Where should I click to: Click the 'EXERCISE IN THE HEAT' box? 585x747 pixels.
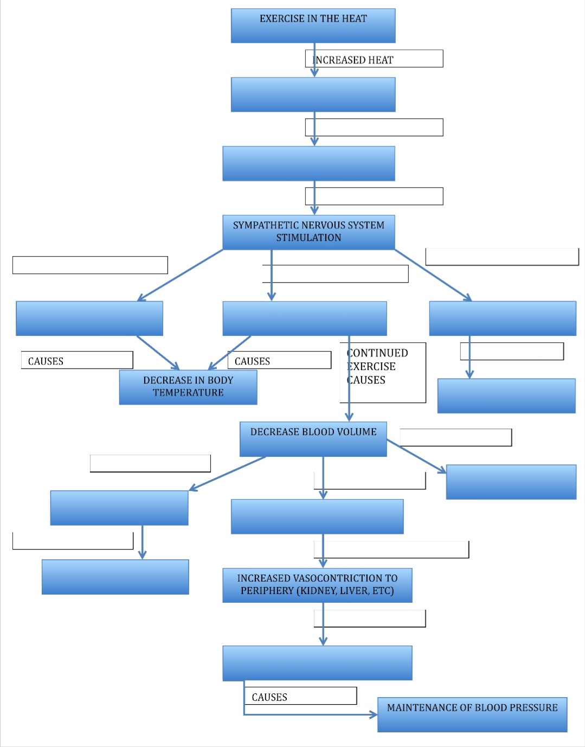(x=313, y=25)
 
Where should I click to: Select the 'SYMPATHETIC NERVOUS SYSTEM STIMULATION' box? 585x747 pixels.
(x=308, y=232)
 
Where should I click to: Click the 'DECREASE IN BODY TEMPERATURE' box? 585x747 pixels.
(x=188, y=387)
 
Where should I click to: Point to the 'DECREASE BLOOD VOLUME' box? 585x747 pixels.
(x=313, y=439)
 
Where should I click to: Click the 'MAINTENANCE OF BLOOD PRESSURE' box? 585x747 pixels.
(x=472, y=714)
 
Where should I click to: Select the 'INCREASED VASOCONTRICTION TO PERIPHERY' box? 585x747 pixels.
(x=317, y=585)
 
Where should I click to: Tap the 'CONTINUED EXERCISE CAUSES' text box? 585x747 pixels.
(x=383, y=372)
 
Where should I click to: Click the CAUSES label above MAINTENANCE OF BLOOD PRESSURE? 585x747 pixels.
(x=269, y=697)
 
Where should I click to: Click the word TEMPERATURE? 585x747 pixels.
(x=188, y=393)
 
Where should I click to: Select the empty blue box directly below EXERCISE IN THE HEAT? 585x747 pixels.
(x=313, y=94)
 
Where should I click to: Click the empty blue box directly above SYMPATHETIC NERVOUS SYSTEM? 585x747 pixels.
(x=308, y=163)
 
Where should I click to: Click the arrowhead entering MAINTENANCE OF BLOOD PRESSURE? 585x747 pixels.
(x=374, y=715)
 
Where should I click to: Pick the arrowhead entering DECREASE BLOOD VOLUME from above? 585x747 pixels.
(x=349, y=417)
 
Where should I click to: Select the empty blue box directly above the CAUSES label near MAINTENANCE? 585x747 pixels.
(x=317, y=663)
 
